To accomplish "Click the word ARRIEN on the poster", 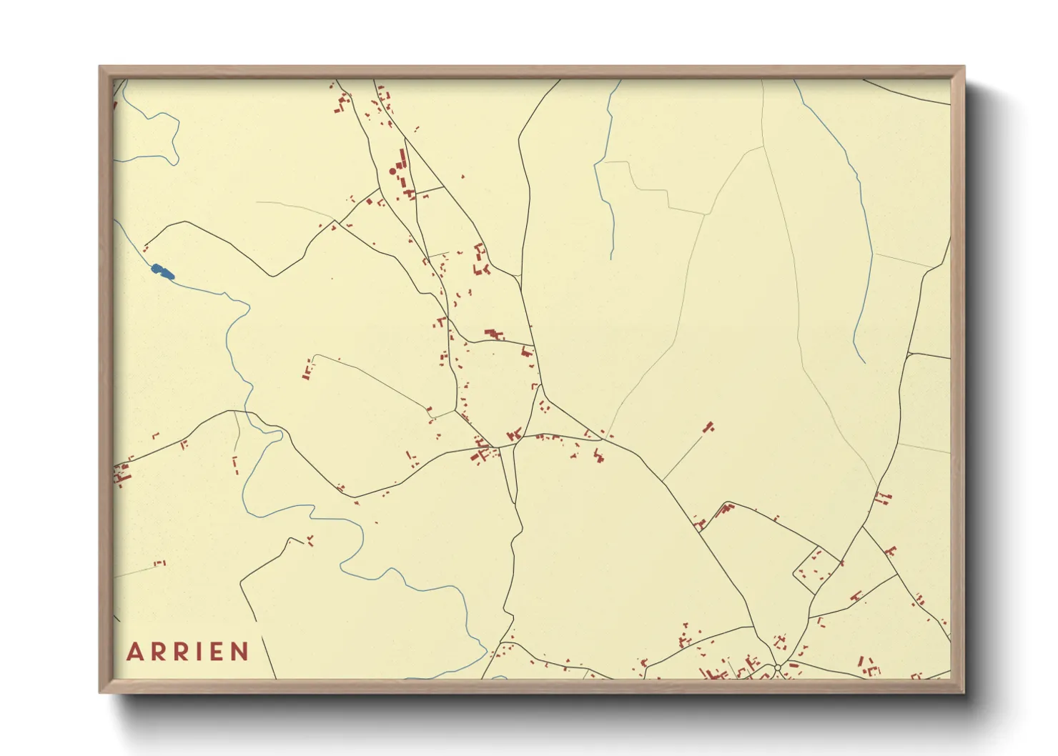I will [x=188, y=652].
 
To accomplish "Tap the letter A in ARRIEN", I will [x=134, y=652].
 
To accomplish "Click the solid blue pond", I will [x=164, y=272].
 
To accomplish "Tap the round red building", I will [x=392, y=171].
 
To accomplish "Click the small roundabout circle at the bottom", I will [x=777, y=668].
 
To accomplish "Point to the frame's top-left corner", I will [x=100, y=67].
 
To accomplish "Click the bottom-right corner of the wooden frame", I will [x=964, y=692].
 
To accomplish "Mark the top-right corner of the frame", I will [x=964, y=67].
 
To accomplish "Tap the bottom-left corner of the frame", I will [x=100, y=692].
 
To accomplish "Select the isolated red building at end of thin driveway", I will [x=709, y=427].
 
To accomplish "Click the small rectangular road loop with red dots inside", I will [x=815, y=570].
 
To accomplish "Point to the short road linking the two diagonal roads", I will [x=428, y=191].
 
